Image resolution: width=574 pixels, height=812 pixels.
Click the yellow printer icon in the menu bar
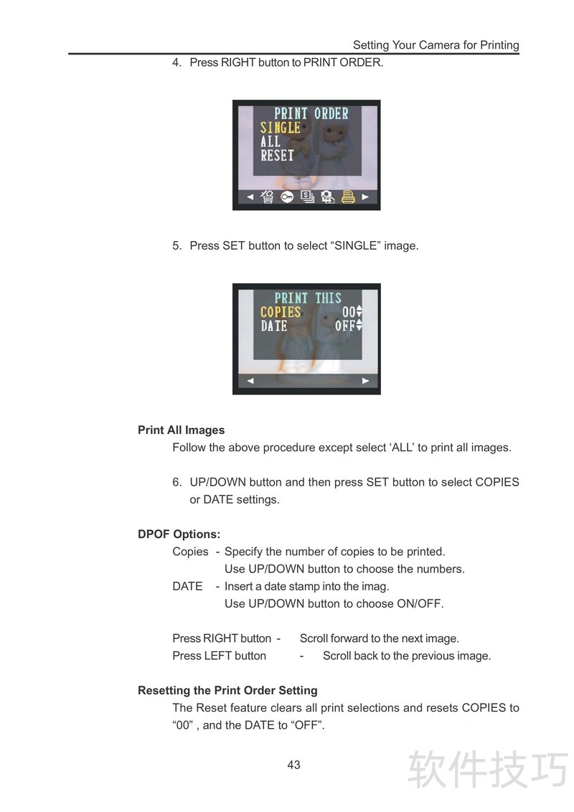(348, 197)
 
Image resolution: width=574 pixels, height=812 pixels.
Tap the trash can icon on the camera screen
(267, 197)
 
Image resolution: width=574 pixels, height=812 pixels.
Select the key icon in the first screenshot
(287, 197)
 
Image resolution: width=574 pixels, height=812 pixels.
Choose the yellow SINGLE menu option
(281, 128)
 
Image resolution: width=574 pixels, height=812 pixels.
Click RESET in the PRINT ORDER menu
(277, 156)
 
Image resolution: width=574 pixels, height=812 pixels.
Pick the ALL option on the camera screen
(270, 141)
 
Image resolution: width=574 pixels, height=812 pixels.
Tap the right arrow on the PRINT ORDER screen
(365, 197)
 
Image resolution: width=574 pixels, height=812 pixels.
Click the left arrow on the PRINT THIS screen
(250, 381)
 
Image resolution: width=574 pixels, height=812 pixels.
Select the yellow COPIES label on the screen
(281, 312)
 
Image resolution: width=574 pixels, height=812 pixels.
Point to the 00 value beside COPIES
(349, 312)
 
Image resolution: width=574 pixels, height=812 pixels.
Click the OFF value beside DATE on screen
(345, 326)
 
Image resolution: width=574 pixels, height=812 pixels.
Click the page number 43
(293, 765)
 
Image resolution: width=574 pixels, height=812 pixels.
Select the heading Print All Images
(182, 430)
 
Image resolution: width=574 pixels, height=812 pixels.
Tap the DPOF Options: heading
(179, 534)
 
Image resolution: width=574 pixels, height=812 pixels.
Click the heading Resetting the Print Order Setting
(227, 690)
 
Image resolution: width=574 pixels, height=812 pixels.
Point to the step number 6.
(177, 482)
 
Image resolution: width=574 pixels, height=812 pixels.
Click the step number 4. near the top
(177, 62)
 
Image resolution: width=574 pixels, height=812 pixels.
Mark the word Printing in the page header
(499, 46)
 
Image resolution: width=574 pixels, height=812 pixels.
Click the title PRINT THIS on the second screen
(308, 298)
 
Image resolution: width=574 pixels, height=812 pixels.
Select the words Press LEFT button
(219, 656)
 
